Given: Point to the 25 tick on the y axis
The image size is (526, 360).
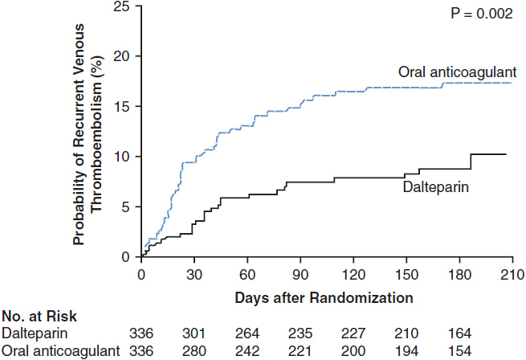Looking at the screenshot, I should tap(124, 6).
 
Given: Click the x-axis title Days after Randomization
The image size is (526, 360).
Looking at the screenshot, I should tap(324, 297).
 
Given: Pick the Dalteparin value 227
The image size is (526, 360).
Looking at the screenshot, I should tap(350, 333).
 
